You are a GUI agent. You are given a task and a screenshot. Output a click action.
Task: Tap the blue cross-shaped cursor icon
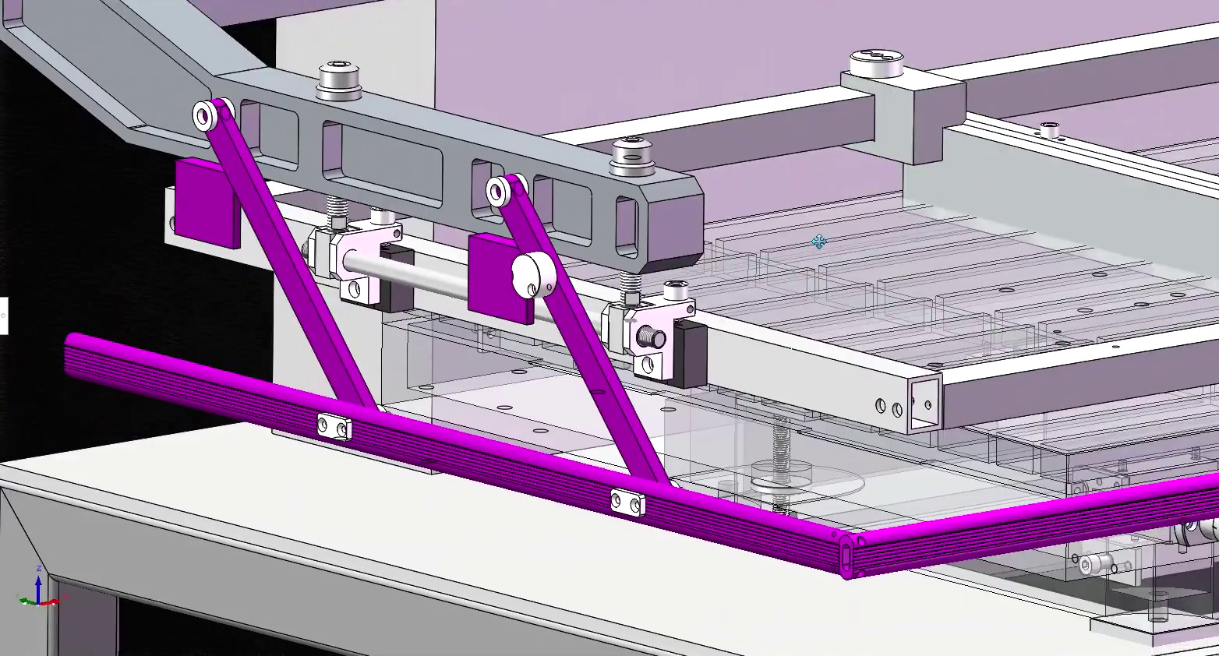coord(818,242)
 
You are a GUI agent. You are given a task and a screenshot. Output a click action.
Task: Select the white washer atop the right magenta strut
coord(497,190)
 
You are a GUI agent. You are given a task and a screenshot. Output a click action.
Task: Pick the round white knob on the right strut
coord(532,275)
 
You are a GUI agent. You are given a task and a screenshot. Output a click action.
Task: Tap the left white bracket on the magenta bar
coord(334,427)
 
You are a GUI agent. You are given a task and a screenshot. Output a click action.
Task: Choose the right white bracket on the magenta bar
coord(627,503)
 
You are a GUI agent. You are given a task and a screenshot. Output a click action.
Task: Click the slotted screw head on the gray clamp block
coord(877,61)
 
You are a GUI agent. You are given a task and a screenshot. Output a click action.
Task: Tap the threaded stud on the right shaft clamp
coord(650,338)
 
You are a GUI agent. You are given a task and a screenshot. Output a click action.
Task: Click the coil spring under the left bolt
coord(337,210)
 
